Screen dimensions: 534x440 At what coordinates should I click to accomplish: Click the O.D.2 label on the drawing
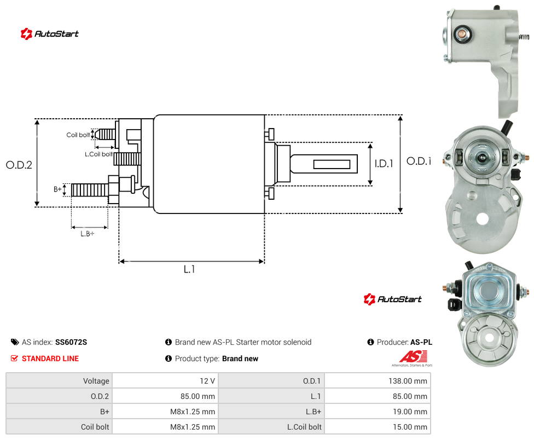point(19,165)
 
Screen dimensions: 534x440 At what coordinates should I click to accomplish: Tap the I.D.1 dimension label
point(384,164)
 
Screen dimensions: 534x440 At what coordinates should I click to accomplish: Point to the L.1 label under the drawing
point(189,269)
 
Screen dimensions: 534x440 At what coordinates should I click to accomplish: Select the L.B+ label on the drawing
point(88,234)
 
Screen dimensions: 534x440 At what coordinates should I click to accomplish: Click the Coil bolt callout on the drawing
point(78,135)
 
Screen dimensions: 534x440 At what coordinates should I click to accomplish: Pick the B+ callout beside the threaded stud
point(57,189)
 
